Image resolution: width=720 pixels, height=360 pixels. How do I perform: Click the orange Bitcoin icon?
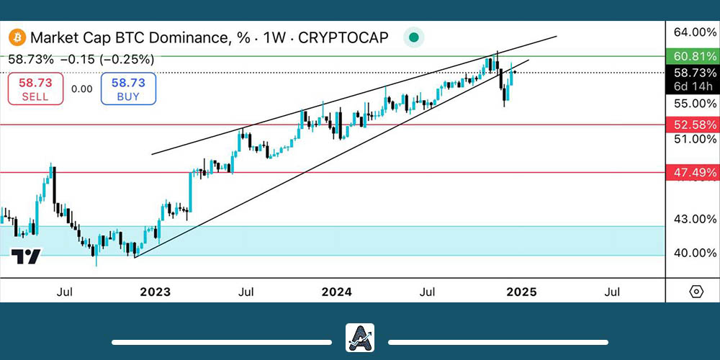17,37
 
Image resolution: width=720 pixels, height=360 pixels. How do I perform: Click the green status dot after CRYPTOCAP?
413,37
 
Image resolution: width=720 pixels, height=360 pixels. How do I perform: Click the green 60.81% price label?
694,55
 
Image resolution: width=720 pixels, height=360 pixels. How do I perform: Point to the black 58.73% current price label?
695,73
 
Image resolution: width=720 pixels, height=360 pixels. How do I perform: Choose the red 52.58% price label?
694,125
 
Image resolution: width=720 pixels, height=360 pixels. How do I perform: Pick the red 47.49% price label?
694,172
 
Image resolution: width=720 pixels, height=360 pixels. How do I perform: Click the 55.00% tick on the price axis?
693,103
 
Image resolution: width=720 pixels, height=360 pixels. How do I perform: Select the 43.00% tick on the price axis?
693,218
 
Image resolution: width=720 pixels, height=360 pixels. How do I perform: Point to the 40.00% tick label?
693,253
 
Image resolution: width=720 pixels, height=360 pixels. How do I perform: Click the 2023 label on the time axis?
155,292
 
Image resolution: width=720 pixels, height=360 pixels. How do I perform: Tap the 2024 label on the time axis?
336,292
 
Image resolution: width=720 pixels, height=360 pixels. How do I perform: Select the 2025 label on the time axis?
521,292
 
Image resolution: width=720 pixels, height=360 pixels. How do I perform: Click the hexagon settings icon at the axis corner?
696,292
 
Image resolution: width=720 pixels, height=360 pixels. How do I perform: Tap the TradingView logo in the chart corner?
26,256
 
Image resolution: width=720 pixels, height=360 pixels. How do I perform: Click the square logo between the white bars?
360,338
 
